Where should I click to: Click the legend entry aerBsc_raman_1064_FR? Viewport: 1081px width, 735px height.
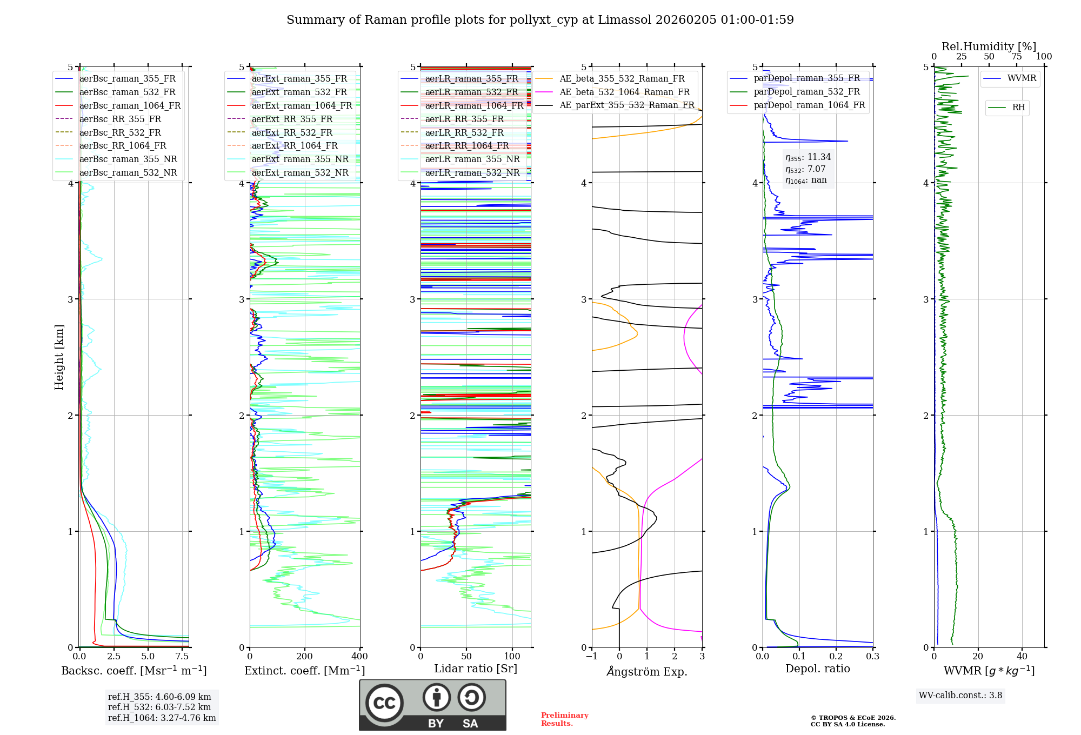130,106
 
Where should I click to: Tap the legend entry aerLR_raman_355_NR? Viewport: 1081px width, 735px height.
472,159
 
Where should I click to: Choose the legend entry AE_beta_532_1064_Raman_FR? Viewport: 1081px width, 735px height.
624,92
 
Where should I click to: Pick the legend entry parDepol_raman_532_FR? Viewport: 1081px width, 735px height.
806,92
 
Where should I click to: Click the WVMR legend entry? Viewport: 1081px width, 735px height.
1022,78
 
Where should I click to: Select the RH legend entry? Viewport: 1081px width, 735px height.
1018,108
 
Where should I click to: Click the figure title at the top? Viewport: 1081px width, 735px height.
540,20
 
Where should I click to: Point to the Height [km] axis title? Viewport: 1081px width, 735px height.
59,357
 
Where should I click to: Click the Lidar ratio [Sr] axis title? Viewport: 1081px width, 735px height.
476,669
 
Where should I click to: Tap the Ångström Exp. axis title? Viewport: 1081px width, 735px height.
647,672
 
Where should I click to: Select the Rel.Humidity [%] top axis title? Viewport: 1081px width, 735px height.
989,46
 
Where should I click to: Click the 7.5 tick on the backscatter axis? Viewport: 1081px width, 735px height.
182,657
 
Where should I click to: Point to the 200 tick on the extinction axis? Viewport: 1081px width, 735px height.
305,657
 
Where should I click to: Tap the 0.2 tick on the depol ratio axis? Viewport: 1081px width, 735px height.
836,657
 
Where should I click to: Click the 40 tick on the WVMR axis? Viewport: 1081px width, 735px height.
1022,657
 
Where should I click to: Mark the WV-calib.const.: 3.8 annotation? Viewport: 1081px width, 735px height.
960,696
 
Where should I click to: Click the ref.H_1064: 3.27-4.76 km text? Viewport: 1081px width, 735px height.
162,718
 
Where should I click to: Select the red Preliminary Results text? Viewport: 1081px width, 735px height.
564,719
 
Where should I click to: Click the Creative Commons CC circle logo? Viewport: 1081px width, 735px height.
384,703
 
